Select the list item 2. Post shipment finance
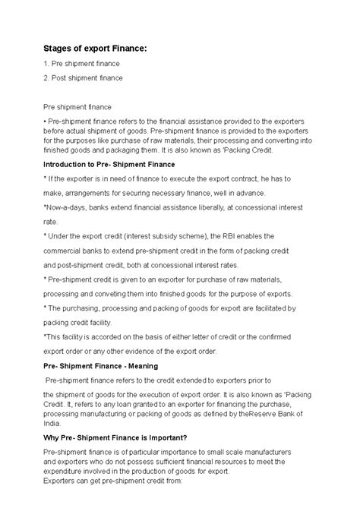83,77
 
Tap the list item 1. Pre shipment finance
82,63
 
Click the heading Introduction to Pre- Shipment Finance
110,164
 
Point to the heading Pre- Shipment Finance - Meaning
101,365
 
